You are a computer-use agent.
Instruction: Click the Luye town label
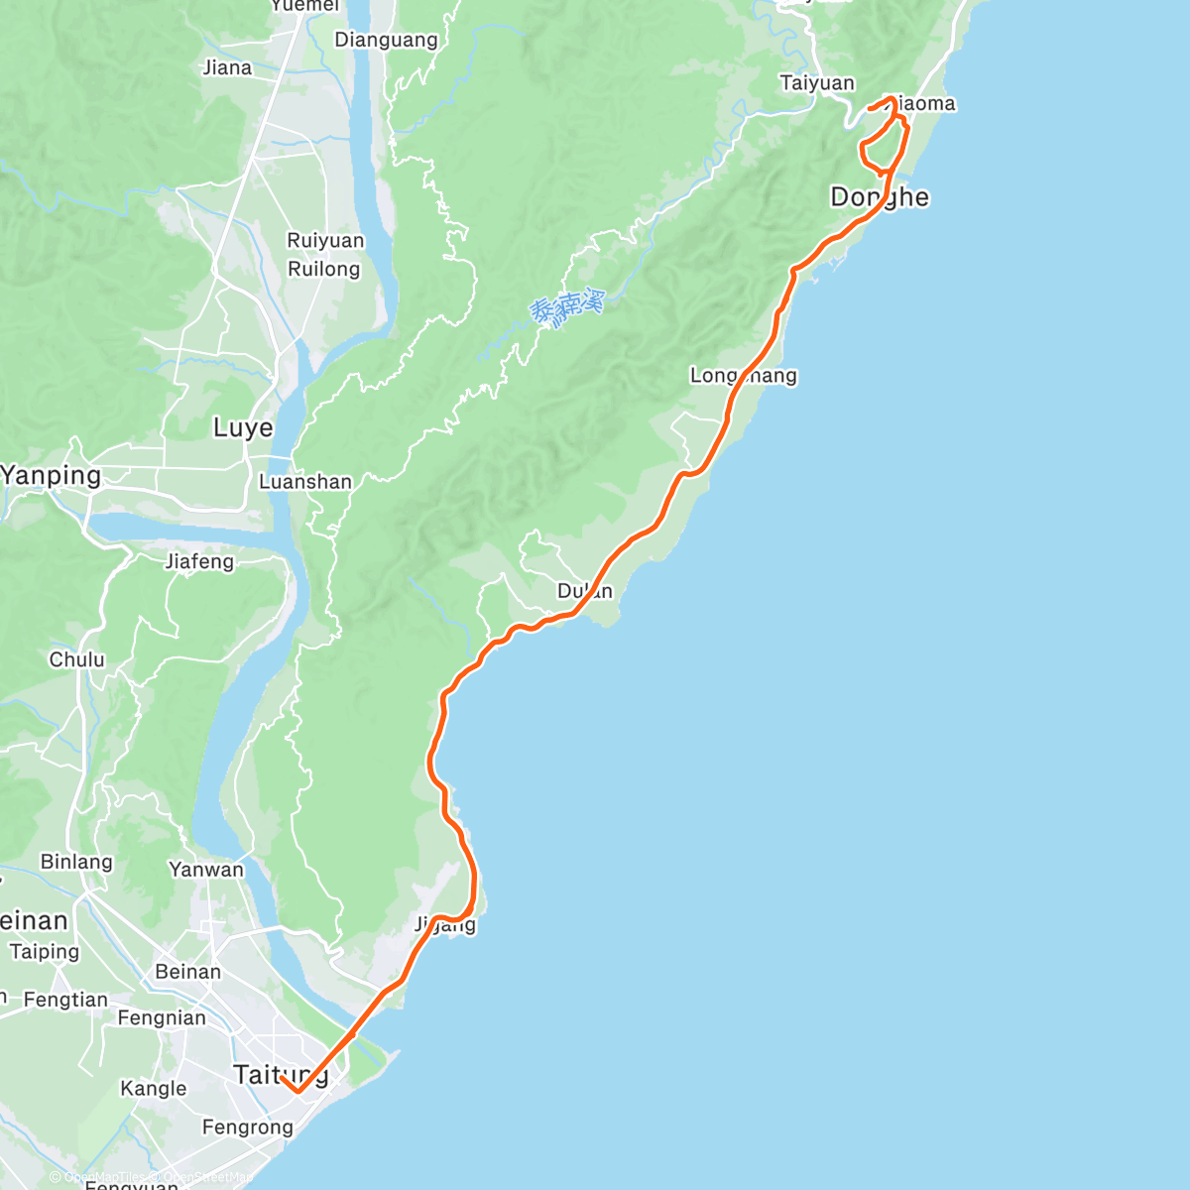(x=243, y=428)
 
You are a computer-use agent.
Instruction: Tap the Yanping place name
(x=52, y=476)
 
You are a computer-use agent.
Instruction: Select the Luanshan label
(x=304, y=482)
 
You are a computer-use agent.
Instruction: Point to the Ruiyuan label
(x=325, y=241)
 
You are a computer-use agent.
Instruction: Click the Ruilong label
(x=323, y=269)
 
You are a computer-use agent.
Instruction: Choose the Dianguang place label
(x=386, y=41)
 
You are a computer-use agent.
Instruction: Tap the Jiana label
(x=227, y=68)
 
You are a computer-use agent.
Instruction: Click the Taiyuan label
(x=817, y=83)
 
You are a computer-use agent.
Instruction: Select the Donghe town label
(x=880, y=197)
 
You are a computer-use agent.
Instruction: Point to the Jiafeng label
(x=199, y=562)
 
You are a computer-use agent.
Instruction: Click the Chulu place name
(x=76, y=659)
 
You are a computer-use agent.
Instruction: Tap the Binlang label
(x=76, y=862)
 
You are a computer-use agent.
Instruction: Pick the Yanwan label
(x=206, y=870)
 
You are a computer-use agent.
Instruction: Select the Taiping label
(x=44, y=952)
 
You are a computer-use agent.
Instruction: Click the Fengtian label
(x=65, y=1000)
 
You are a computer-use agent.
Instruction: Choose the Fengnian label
(x=162, y=1018)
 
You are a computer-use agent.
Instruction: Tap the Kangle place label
(x=153, y=1089)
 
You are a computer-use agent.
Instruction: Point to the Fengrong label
(x=248, y=1128)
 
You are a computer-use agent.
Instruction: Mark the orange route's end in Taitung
(x=282, y=1078)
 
